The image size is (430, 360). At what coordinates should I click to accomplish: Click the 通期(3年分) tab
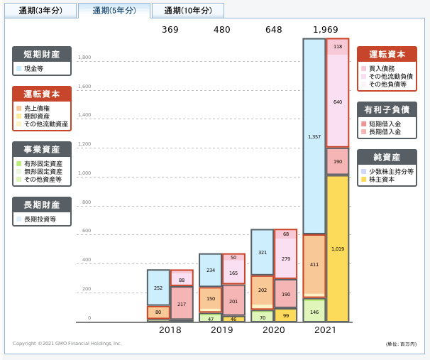coord(40,11)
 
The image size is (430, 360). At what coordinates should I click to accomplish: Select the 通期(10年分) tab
coord(187,11)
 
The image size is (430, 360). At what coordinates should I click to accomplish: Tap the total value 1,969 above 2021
coord(326,30)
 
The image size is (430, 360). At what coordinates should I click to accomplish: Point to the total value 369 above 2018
coord(170,30)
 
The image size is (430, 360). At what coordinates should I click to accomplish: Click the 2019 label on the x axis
coord(222,330)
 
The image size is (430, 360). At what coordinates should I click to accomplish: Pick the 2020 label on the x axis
coord(274,330)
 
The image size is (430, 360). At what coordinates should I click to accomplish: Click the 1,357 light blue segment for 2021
coord(314,136)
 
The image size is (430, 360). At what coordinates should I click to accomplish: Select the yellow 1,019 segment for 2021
coord(338,249)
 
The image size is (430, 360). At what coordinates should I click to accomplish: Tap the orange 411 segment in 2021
coord(314,264)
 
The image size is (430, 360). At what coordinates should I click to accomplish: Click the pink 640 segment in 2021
coord(338,102)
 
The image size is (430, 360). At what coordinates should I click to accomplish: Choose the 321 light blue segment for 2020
coord(262,252)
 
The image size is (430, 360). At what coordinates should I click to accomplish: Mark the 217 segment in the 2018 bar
coord(182,303)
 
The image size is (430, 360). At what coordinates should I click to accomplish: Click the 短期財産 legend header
coord(42,54)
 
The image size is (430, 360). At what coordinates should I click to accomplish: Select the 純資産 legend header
coord(387,157)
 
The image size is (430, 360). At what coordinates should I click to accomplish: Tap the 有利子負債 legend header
coord(387,109)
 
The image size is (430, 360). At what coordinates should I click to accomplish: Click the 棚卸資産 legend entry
coord(38,116)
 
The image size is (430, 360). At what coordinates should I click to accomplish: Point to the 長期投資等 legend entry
coord(40,220)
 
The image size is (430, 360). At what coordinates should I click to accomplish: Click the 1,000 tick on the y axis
coord(84,173)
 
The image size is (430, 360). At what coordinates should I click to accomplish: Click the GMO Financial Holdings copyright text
coord(67,344)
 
